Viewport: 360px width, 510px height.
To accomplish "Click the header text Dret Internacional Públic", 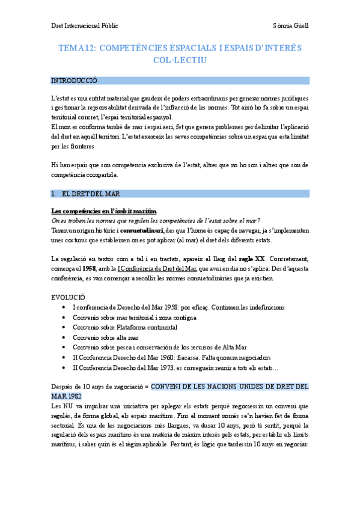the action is pos(84,26).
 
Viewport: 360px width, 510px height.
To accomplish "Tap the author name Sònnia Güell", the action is pos(290,26).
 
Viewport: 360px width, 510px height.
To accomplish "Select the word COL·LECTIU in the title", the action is pos(180,61).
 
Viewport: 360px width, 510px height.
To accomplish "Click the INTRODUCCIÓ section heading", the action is pos(74,81).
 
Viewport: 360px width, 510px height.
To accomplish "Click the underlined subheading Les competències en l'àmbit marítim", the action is pos(104,210).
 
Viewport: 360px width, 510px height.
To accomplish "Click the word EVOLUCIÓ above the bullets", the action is pos(68,297).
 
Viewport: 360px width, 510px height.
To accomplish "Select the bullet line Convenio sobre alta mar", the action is pos(105,337).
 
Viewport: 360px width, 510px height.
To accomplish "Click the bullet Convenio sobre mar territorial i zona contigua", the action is pos(134,317).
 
